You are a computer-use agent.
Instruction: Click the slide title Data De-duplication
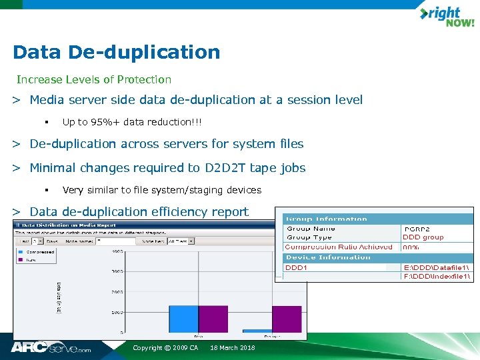pos(116,52)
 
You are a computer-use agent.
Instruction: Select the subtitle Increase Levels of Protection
pos(94,79)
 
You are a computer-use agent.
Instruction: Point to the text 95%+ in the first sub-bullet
pos(103,122)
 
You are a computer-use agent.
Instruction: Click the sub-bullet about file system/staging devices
pos(161,190)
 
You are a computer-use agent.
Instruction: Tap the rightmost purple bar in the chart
pos(287,319)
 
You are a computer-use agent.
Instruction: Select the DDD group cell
pos(423,237)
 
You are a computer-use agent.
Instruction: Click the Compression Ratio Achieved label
pos(339,247)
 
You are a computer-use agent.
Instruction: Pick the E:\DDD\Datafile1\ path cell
pos(437,267)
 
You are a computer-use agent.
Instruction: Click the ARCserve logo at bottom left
pos(50,347)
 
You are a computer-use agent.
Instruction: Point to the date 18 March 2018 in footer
pos(232,348)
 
